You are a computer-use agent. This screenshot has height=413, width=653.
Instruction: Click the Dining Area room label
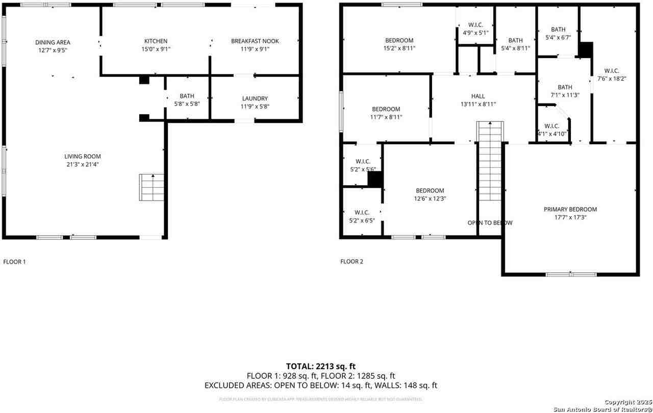coord(53,42)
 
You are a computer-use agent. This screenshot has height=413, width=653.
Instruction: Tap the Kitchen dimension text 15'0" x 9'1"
coord(156,49)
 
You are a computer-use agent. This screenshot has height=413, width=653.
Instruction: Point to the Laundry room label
coord(255,98)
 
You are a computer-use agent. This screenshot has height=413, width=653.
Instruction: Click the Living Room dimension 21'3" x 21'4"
coord(82,165)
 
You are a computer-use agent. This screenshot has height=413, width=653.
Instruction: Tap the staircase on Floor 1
coord(153,187)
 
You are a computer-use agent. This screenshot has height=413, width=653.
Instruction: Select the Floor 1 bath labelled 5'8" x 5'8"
coord(187,99)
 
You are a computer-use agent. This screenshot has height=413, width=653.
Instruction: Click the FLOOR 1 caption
coord(14,262)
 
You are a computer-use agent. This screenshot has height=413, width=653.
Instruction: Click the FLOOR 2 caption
coord(351,262)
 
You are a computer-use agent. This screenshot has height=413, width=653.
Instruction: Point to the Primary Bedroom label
coord(570,210)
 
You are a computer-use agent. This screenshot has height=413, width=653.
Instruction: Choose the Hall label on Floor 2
coord(478,96)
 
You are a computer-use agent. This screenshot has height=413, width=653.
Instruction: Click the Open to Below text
coord(490,223)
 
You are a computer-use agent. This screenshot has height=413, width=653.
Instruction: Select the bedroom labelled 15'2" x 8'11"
coord(399,44)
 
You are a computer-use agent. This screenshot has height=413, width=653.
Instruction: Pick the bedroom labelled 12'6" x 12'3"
coord(429,194)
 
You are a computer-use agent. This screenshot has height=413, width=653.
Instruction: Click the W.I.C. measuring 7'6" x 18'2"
coord(612,75)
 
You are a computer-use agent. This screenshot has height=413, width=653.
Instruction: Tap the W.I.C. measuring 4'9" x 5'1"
coord(475,29)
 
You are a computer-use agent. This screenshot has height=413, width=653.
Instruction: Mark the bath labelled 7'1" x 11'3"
coord(565,91)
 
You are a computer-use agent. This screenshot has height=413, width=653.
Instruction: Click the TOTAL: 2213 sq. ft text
coord(320,366)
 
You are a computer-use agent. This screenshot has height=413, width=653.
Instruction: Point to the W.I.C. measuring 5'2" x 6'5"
coord(362,216)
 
